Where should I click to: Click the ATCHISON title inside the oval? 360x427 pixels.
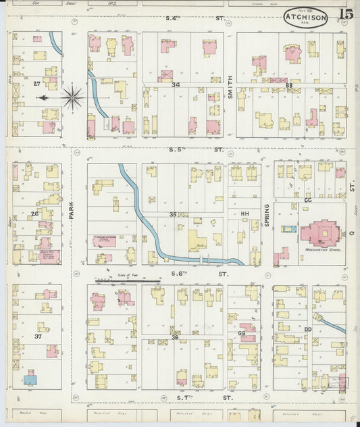305,17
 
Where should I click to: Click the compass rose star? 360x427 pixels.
72,97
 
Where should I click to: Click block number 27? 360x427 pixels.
36,83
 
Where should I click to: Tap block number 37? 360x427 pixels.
38,336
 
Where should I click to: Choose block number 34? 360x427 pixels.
176,85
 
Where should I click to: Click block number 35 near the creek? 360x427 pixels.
174,215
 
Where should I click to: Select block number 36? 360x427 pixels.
175,337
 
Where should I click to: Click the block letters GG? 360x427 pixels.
241,334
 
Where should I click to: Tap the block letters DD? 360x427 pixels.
308,329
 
